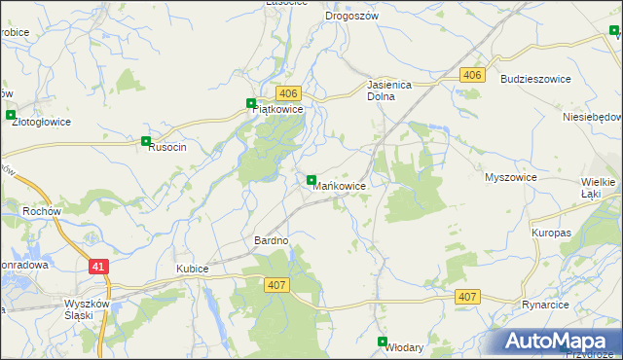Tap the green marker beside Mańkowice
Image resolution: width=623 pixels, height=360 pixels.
[311, 181]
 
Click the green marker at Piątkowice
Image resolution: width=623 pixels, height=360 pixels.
[251, 103]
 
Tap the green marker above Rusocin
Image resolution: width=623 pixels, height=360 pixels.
[146, 140]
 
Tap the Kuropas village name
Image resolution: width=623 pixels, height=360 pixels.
[551, 234]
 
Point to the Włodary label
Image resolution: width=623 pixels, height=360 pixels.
[405, 346]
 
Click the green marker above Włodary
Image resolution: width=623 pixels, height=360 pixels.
[383, 341]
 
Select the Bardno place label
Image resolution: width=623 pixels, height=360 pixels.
[272, 240]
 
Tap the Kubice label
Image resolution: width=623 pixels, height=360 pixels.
[194, 268]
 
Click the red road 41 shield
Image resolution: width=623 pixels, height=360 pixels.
[98, 266]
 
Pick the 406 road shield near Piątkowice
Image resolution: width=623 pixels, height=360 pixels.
[288, 93]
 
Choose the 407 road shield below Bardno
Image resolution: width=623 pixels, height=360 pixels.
[275, 283]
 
